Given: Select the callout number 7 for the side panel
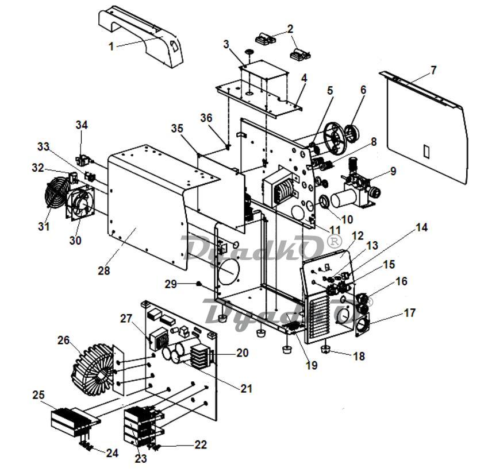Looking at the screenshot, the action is coord(433,70).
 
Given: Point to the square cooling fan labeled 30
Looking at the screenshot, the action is coord(80,203).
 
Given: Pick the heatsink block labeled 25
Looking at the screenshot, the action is coord(75,422).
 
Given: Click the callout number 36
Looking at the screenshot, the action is coord(206,118).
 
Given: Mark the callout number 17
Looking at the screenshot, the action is coord(409,313).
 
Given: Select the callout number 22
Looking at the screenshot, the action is coord(201,444).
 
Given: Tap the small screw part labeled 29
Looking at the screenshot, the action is coord(198,284).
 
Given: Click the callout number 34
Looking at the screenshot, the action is coord(82,125).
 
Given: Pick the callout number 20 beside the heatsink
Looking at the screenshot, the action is coord(242,353).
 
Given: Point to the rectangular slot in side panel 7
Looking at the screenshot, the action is coord(426,151).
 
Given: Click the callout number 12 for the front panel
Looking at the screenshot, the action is coord(358,235).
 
